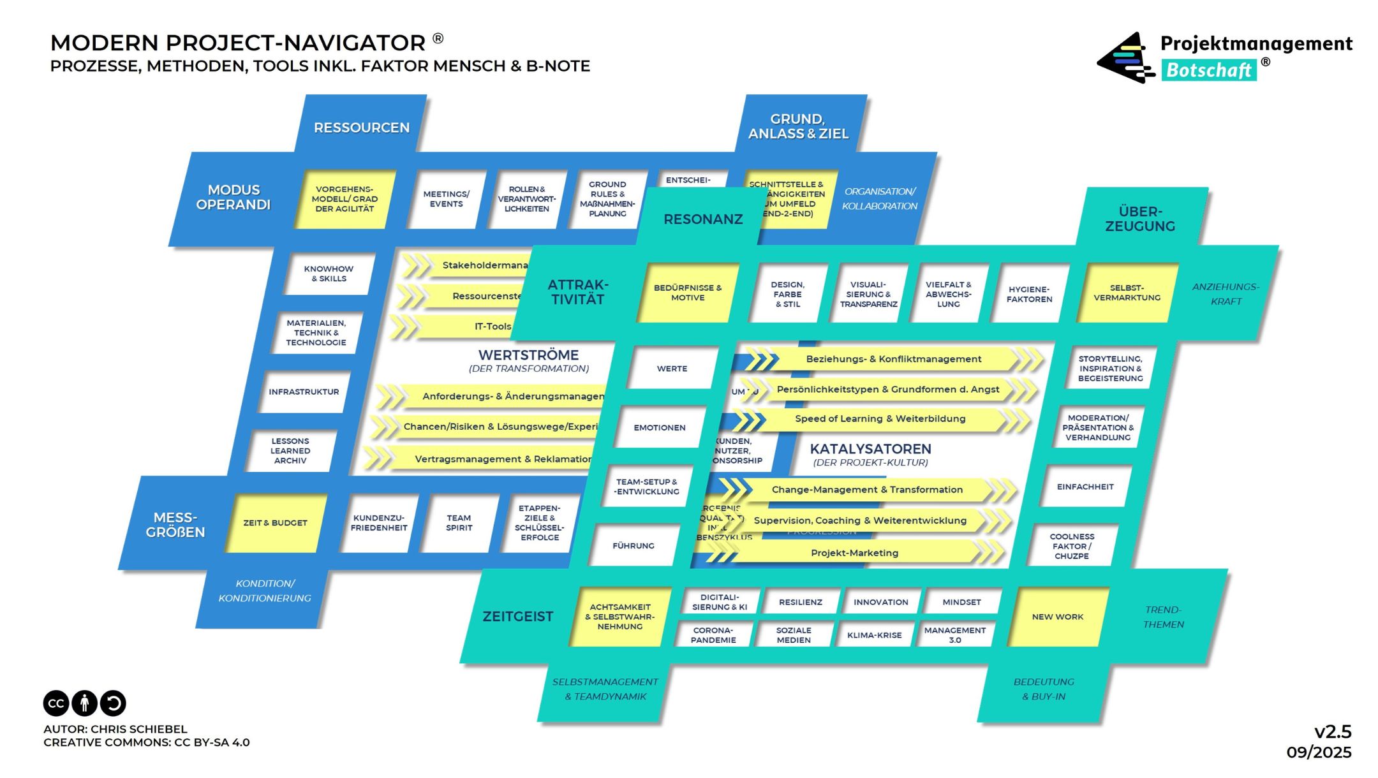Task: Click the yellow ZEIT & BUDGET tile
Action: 275,523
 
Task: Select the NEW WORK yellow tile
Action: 1057,617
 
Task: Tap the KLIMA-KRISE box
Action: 874,635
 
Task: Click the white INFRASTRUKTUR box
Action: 304,392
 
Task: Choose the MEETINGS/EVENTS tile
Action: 446,199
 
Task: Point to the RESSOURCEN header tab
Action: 361,128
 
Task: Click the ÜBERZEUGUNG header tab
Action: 1140,219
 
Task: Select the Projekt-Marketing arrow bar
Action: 854,553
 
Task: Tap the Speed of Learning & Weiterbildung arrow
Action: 880,419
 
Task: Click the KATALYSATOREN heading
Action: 870,449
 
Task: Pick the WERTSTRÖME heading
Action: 528,355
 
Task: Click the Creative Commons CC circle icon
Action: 56,703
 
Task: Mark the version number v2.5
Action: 1333,731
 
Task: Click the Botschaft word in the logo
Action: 1208,70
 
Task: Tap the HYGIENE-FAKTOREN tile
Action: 1029,294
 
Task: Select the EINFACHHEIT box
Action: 1085,487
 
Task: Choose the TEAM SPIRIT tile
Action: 459,523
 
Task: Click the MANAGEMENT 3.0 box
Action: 954,635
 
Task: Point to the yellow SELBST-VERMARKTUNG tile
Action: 1127,293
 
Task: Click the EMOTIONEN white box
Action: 659,427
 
